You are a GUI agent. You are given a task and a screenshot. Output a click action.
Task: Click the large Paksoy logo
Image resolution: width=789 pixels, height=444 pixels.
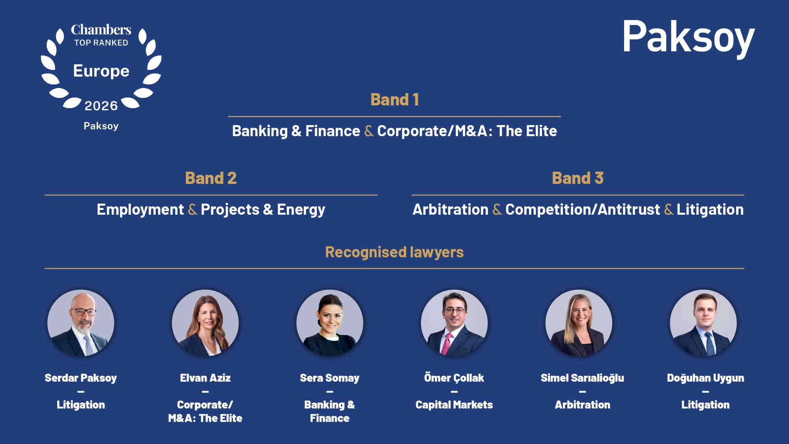click(688, 38)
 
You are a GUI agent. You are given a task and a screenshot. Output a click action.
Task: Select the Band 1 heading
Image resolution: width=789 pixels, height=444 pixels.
click(394, 99)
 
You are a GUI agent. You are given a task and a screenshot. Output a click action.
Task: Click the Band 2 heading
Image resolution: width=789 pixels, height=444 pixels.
click(211, 178)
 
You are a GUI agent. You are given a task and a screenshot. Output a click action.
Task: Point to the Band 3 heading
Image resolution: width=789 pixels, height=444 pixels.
click(578, 178)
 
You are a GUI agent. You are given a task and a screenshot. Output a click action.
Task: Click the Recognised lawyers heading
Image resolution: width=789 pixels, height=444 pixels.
click(394, 252)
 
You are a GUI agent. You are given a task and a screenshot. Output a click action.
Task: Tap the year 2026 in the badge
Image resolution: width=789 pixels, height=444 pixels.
click(101, 106)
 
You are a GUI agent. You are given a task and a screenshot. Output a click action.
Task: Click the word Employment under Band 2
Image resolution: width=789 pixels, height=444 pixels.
click(140, 210)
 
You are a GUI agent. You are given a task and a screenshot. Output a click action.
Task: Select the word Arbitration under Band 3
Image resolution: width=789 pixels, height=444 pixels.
click(451, 210)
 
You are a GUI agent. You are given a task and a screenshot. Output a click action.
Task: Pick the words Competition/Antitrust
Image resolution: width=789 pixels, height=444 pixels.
click(583, 210)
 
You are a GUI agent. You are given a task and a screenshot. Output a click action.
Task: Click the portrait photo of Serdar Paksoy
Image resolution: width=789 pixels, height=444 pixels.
click(81, 323)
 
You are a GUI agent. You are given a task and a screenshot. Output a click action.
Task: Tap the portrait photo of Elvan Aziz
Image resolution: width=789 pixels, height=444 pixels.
click(205, 323)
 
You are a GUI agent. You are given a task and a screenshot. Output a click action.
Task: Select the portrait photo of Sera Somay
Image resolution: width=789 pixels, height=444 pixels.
click(330, 323)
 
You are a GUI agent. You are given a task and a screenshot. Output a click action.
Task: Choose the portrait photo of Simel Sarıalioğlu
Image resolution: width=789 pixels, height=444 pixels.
click(579, 323)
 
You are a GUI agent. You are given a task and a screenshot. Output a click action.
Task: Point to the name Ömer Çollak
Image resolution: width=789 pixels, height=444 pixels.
click(454, 378)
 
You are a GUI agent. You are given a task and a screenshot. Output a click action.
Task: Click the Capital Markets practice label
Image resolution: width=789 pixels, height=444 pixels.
click(454, 405)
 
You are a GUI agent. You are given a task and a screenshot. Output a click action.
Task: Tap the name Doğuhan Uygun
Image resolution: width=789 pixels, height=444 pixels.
click(705, 378)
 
